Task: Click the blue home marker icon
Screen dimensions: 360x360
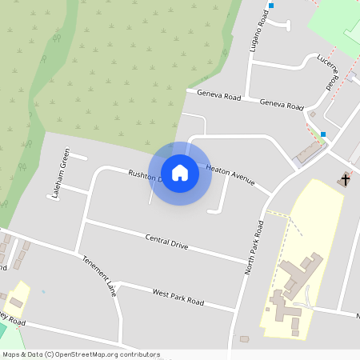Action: (180, 172)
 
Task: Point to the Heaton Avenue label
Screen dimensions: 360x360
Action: (230, 175)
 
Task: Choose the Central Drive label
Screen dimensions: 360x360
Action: (166, 242)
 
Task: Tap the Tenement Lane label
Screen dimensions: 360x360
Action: (100, 276)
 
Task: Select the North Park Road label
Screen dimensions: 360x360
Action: (254, 248)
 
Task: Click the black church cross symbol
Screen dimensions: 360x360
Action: (345, 179)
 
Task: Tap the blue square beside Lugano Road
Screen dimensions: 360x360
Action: (271, 6)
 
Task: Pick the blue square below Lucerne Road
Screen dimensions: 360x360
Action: (323, 134)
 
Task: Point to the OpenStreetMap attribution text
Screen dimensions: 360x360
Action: (80, 354)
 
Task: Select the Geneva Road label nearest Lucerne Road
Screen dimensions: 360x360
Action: (282, 105)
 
